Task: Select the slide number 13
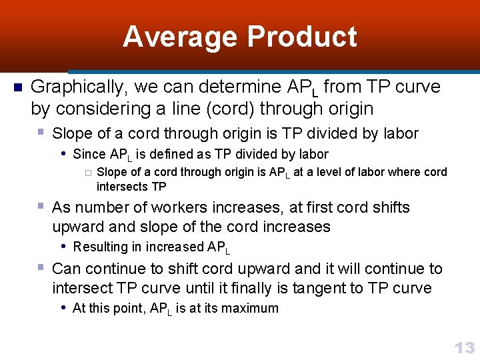coord(464,347)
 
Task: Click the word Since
coord(89,155)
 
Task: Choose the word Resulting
coord(100,247)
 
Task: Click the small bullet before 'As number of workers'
coord(41,206)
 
